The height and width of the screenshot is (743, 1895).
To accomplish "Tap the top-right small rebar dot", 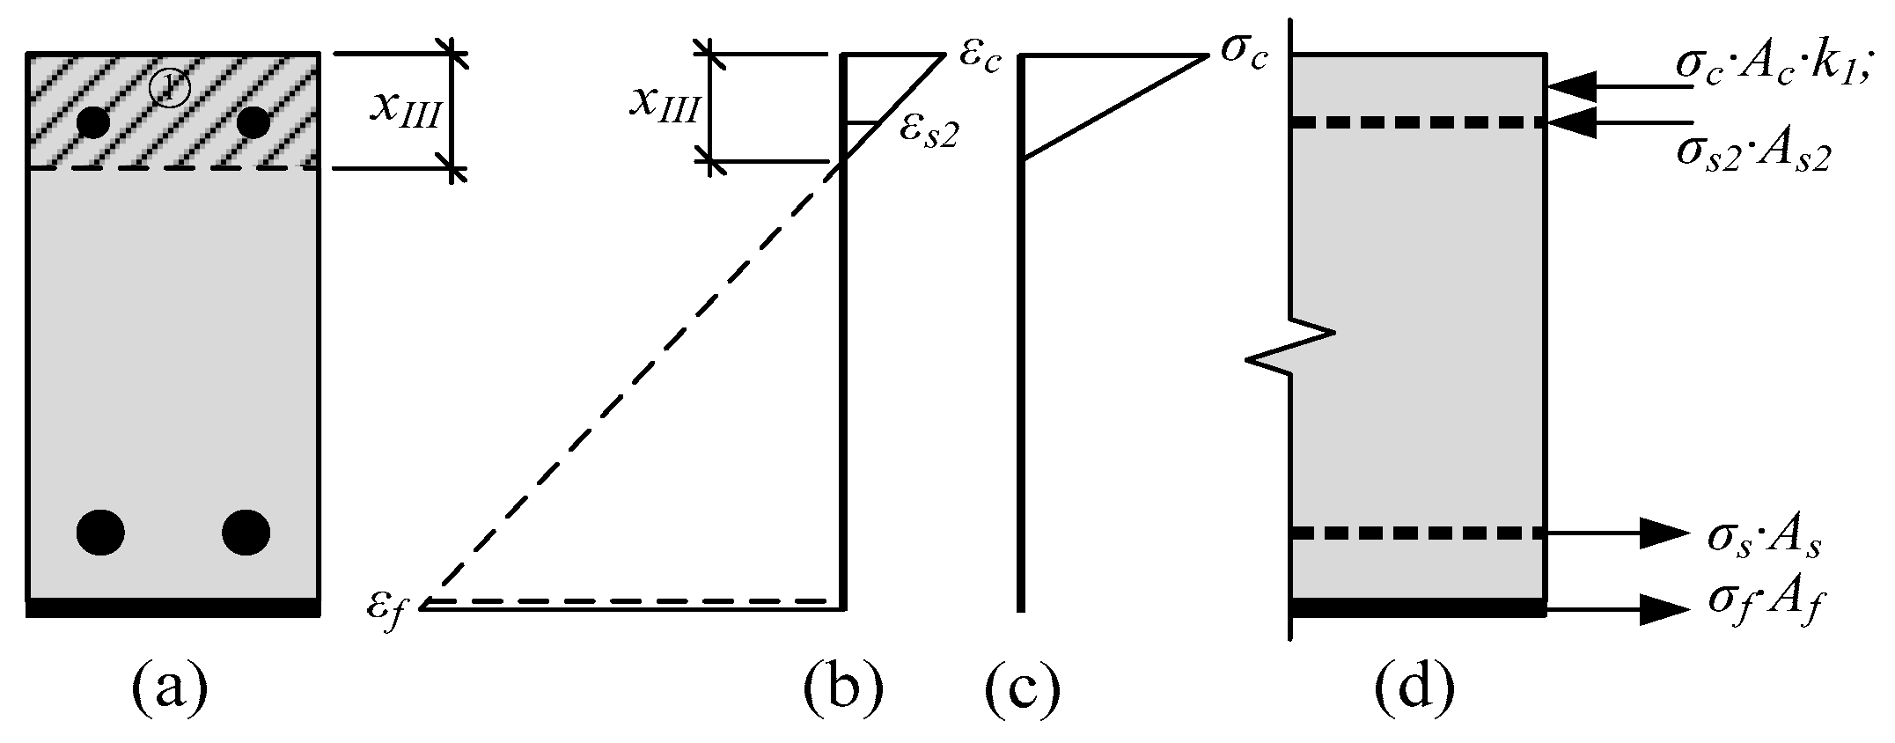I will [253, 122].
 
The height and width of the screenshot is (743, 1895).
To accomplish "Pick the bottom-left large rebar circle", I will [100, 532].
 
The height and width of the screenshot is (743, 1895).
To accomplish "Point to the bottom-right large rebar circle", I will [246, 532].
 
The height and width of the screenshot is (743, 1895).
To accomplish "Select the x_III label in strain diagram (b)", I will [664, 107].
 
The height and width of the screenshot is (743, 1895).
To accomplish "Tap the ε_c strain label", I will [979, 57].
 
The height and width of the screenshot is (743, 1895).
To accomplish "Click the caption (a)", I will [169, 689].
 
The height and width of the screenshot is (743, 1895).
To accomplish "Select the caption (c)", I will [1021, 689].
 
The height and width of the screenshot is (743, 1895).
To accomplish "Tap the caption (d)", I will [1415, 689].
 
